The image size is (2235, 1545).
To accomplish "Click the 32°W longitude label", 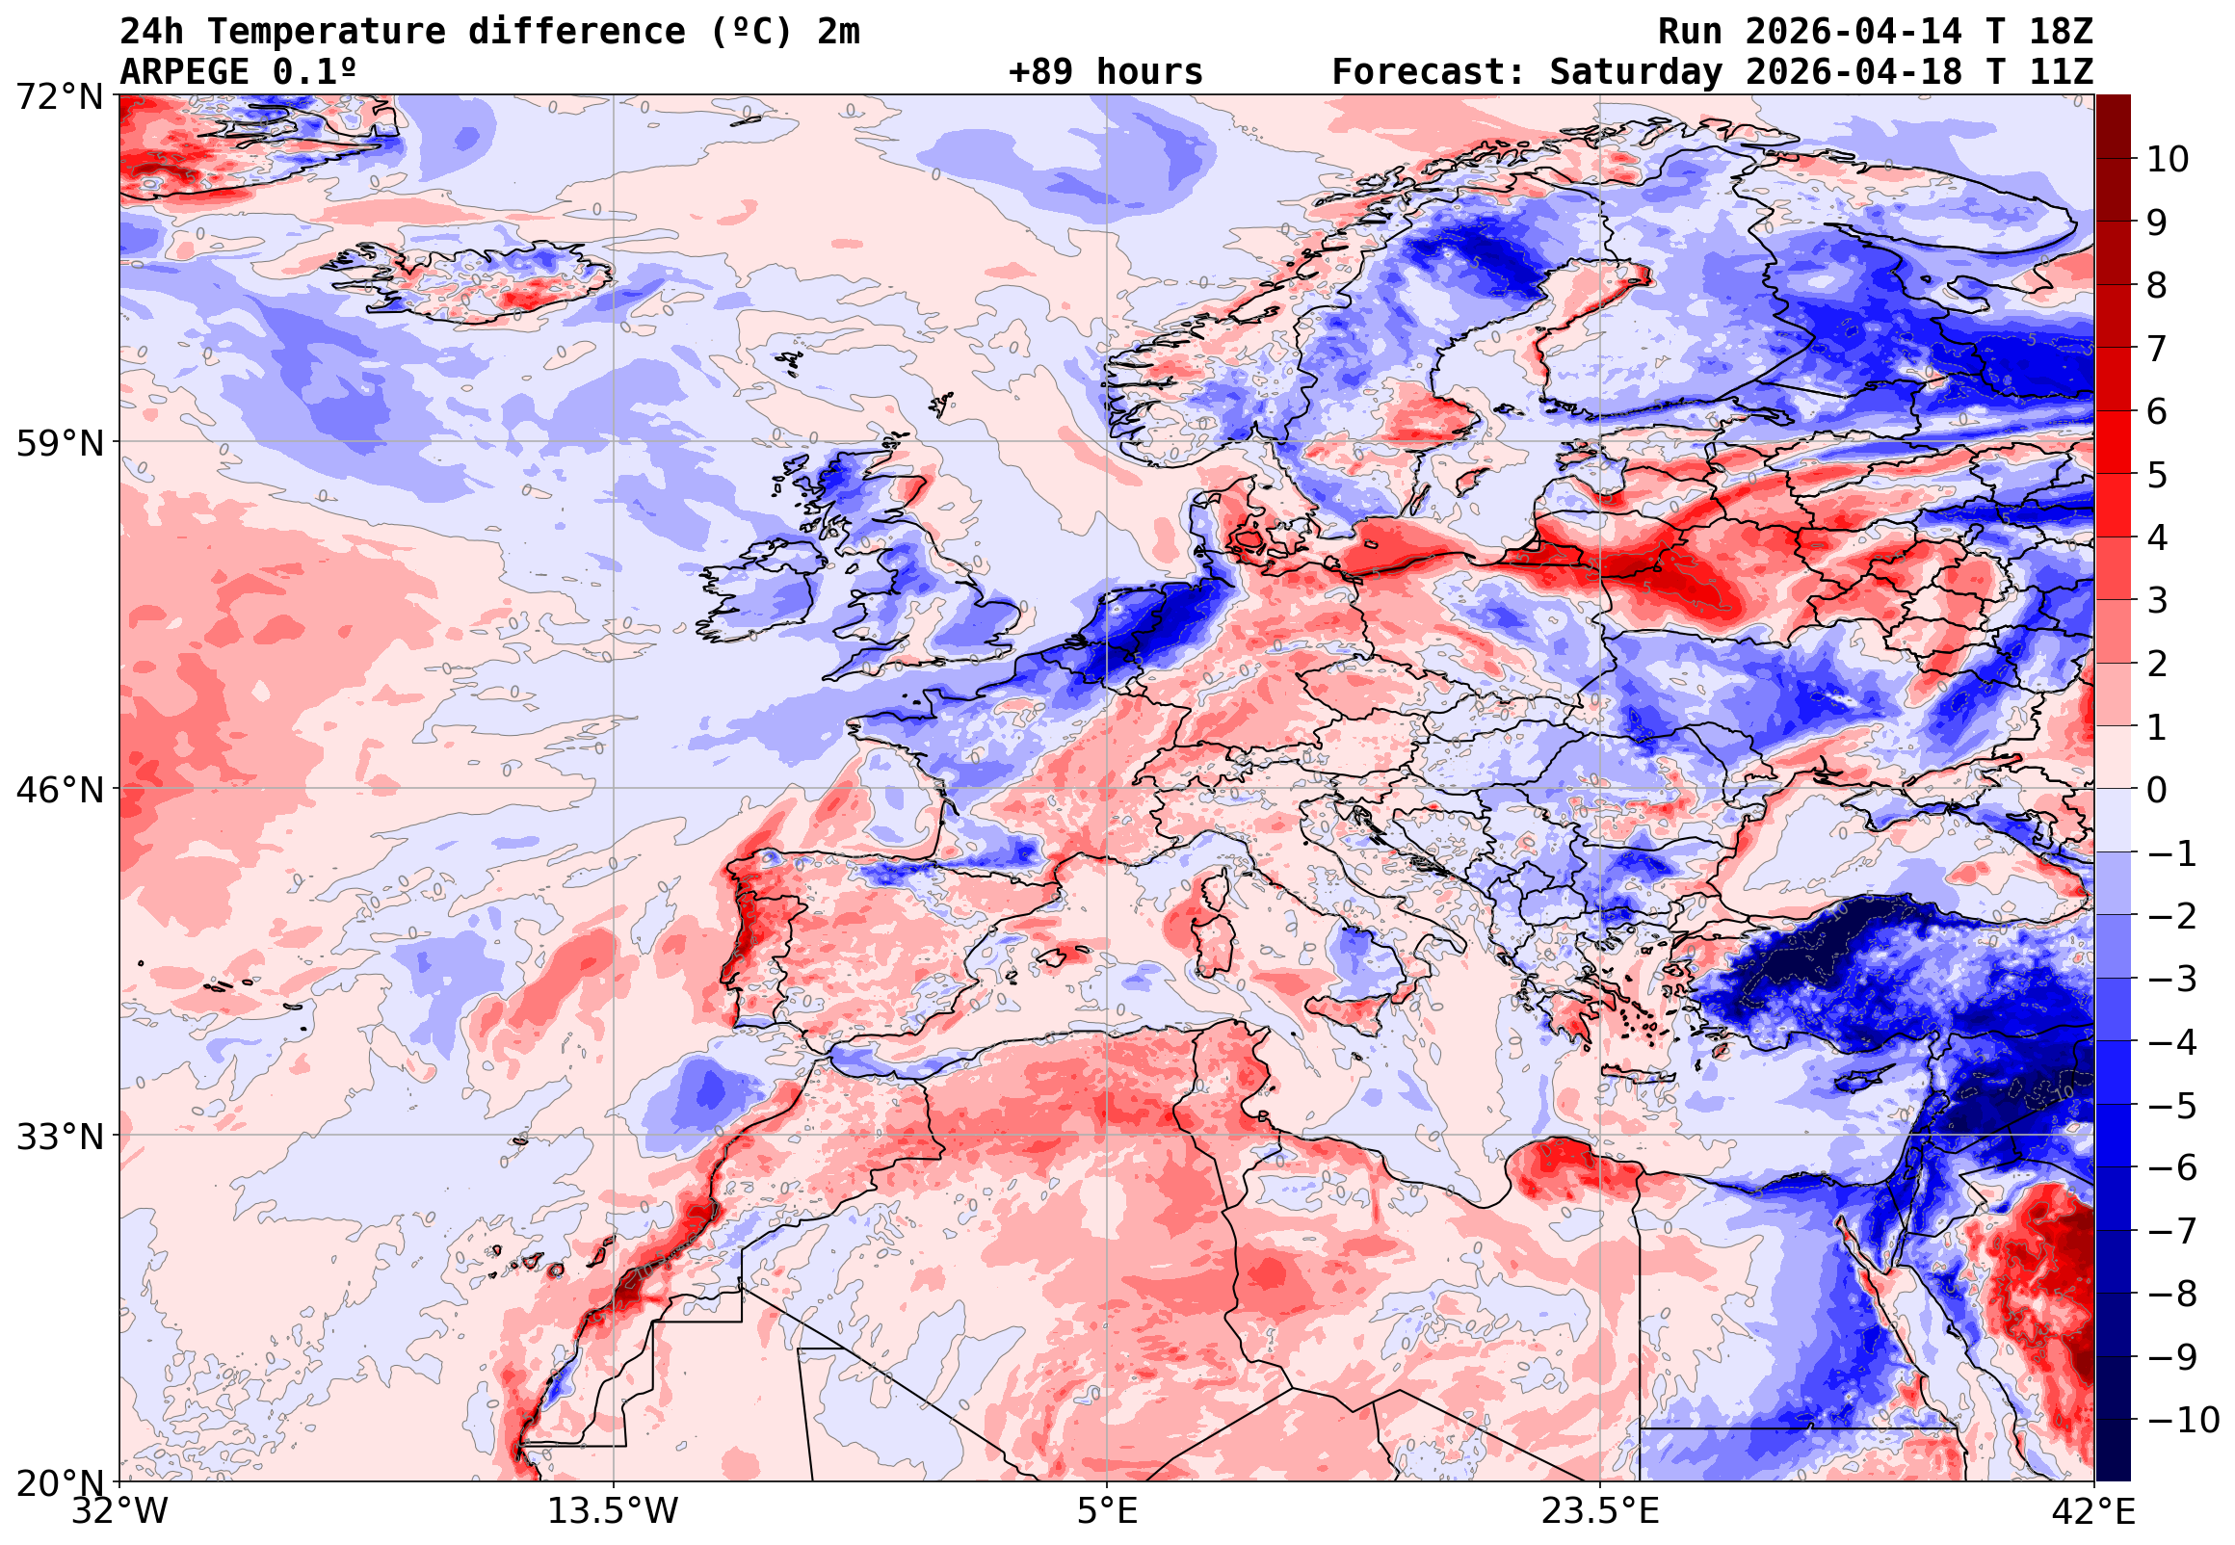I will (x=120, y=1511).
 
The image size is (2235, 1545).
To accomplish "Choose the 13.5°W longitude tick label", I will (x=614, y=1511).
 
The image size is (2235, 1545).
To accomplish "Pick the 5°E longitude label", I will (x=1107, y=1511).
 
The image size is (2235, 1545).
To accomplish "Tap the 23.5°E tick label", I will (x=1600, y=1511).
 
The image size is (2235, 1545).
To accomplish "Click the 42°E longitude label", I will (x=2093, y=1511).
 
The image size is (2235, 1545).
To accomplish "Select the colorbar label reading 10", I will (x=2168, y=160).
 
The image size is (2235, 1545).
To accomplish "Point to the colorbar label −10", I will (x=2183, y=1420).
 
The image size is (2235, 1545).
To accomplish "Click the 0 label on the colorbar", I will (x=2157, y=790).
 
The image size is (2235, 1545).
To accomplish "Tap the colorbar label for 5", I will (x=2157, y=475).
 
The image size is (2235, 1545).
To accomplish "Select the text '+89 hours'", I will (x=1105, y=71).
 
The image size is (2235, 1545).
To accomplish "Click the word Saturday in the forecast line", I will (x=1636, y=71).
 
